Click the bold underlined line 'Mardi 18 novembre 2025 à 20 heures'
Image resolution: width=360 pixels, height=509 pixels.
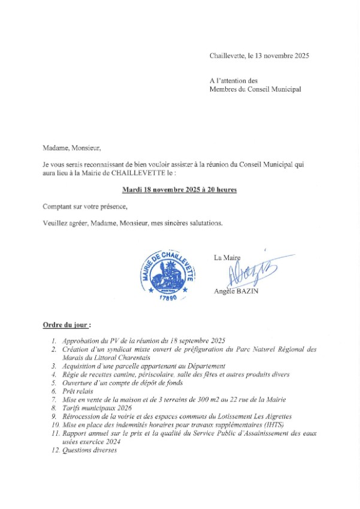179,190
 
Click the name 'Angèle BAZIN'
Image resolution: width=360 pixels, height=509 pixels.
236,292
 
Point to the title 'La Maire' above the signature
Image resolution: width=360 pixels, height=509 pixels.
227,257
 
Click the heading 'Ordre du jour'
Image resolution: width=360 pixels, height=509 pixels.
66,325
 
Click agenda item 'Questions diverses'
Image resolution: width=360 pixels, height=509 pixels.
90,450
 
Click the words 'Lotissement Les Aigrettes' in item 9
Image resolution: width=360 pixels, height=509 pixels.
252,416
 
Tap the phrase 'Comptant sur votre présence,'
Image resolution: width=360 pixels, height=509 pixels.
85,207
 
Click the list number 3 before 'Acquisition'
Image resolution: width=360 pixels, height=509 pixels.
54,366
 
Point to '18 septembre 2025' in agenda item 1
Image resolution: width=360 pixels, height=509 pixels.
198,341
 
